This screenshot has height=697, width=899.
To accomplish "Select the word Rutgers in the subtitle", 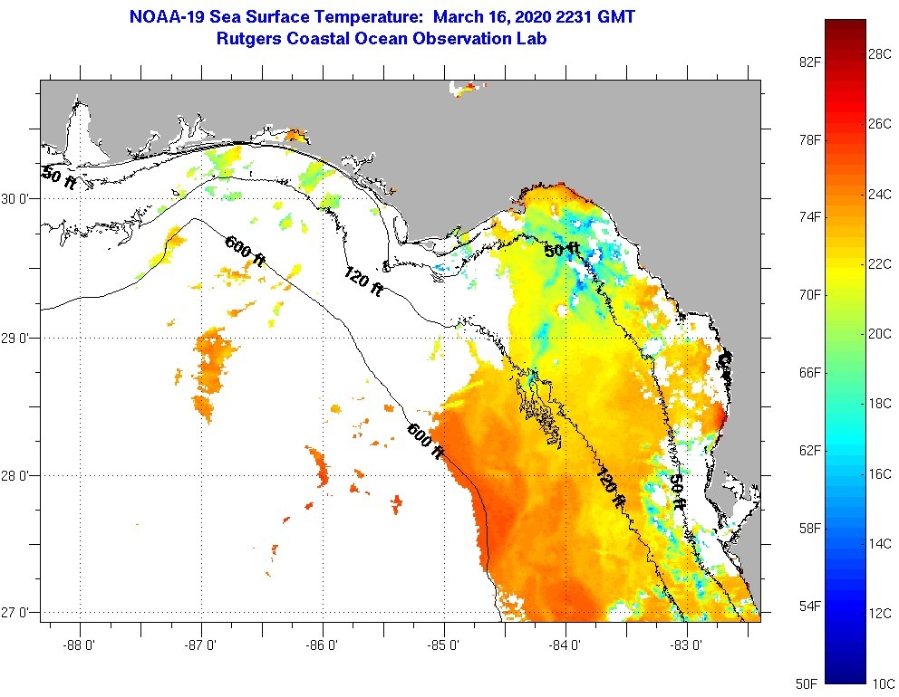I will point(248,39).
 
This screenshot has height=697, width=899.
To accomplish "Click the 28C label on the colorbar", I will point(880,53).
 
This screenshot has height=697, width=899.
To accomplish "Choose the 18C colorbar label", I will point(880,403).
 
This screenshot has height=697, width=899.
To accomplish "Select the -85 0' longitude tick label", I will point(444,645).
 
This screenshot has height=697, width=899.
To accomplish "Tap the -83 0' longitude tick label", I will point(687,645).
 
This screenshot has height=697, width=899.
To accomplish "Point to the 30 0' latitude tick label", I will point(18,198).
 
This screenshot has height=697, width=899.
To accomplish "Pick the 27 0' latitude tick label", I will point(18,613).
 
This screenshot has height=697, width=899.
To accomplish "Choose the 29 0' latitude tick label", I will point(18,338).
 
